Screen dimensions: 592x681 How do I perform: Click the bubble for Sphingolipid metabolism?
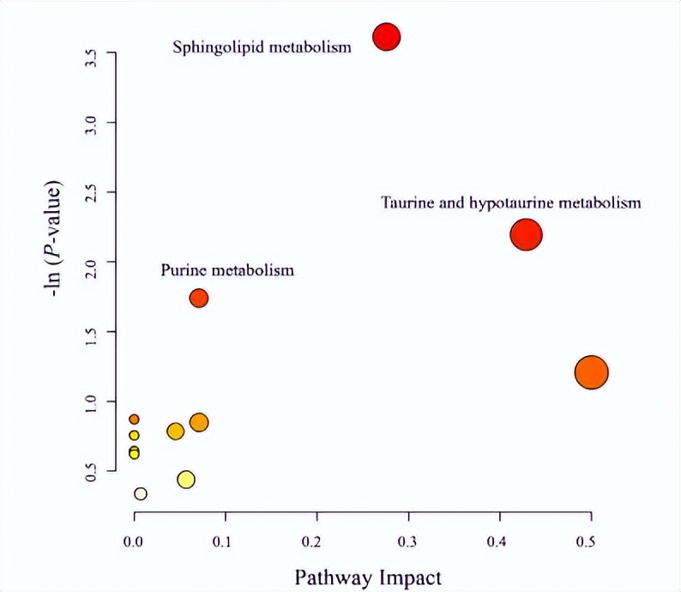coord(387,37)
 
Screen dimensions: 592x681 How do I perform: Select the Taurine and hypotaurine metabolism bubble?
coord(526,234)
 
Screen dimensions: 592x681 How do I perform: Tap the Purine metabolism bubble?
coord(199,298)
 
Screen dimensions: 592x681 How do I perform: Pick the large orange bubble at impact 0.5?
coord(591,372)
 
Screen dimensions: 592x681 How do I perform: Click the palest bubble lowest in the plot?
coord(141,493)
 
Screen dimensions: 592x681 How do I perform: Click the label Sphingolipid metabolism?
coord(262,47)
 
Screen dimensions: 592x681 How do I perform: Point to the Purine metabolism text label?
coord(227,270)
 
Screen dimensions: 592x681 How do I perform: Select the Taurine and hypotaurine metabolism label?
coord(511,203)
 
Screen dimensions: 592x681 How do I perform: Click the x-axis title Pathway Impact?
coord(368,576)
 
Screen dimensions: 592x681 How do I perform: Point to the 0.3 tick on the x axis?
coord(407,541)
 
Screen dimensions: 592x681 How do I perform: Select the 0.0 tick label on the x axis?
coord(134,541)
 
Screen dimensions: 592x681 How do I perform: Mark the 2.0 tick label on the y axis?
coord(89,262)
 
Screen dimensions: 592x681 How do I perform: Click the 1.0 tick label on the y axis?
coord(89,401)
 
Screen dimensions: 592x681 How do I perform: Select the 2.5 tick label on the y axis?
coord(89,192)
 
